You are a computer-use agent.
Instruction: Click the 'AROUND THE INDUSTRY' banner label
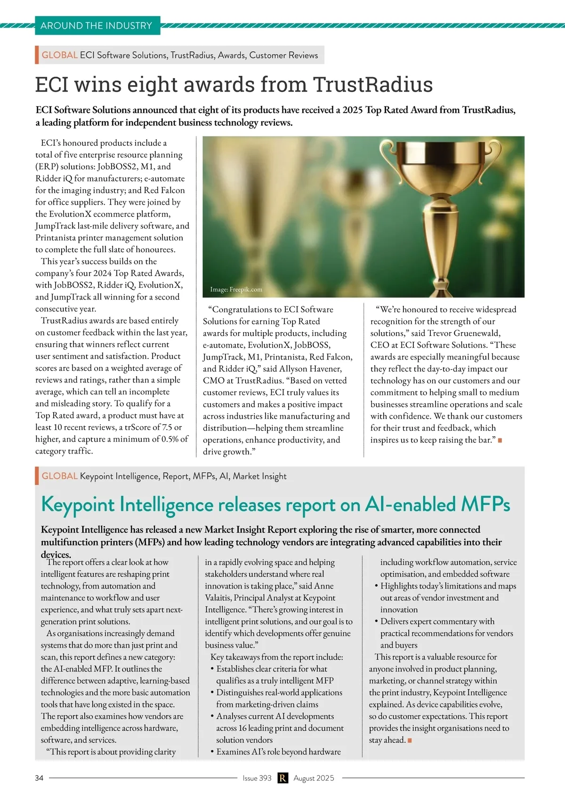click(97, 26)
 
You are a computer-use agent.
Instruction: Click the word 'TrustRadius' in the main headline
click(373, 85)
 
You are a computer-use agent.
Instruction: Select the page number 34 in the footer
click(39, 778)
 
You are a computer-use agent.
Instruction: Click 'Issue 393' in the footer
click(257, 778)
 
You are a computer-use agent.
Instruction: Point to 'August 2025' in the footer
click(314, 778)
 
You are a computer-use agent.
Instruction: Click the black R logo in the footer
click(282, 778)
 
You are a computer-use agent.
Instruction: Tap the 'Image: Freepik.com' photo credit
click(236, 289)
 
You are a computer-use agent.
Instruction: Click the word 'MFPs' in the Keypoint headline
click(485, 504)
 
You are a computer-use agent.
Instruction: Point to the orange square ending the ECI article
click(500, 440)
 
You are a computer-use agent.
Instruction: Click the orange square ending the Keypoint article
click(410, 741)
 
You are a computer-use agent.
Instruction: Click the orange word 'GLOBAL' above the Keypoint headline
click(59, 476)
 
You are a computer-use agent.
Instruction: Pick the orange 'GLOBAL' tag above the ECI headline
click(59, 55)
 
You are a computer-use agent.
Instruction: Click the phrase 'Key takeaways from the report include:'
click(277, 657)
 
